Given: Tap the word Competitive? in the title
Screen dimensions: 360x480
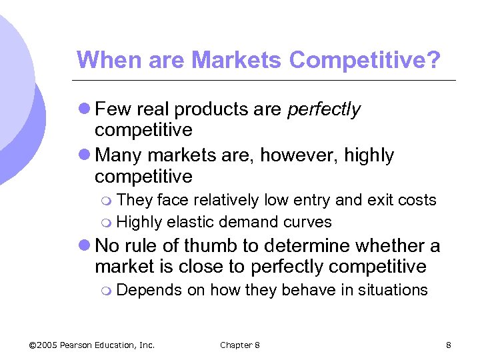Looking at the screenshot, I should coord(365,60).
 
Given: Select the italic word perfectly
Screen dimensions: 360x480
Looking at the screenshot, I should coord(324,109).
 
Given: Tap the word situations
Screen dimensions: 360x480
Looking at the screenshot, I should coord(393,290).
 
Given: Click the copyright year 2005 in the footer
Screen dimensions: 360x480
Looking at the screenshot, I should coord(47,345).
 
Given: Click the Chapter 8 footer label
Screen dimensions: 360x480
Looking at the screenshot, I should coord(240,345).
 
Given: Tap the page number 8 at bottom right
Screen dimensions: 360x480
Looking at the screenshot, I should coord(449,345).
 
